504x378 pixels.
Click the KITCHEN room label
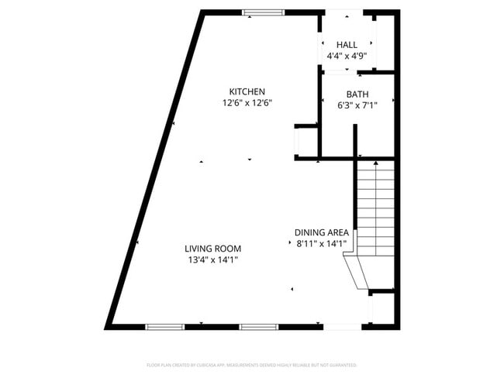(247, 91)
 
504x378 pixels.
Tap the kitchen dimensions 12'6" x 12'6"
(247, 102)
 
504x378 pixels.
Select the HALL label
(347, 45)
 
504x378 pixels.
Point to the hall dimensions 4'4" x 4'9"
(347, 56)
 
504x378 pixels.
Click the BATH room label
(357, 94)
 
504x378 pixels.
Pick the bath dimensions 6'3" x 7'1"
(357, 105)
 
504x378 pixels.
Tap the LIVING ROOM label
(212, 249)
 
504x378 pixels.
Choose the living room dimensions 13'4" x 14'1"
(212, 259)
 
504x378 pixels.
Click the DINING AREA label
(320, 232)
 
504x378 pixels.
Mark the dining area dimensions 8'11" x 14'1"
(320, 243)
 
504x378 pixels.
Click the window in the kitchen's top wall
(262, 12)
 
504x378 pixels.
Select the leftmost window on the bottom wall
(164, 327)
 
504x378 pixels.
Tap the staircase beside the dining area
(375, 205)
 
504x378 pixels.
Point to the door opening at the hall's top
(343, 12)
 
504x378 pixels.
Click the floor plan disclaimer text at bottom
(252, 365)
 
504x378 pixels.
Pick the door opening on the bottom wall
(342, 327)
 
